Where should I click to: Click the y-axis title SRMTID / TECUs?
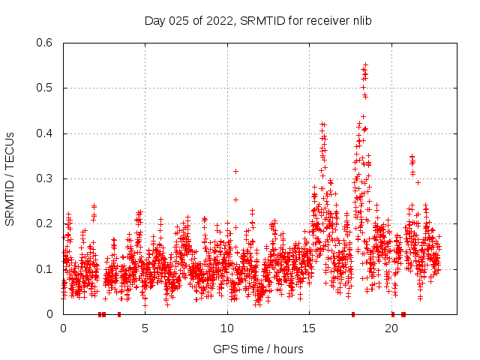click(10, 178)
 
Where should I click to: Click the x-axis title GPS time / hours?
click(258, 349)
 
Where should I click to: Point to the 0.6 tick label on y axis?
click(46, 43)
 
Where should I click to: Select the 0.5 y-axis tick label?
click(46, 88)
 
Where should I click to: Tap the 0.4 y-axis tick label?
click(46, 133)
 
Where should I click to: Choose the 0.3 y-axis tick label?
click(46, 178)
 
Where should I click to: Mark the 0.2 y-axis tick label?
click(46, 223)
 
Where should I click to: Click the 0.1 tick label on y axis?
click(46, 269)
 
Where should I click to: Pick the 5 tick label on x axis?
click(145, 328)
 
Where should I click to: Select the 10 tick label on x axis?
click(227, 328)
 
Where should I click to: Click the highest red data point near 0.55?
click(365, 65)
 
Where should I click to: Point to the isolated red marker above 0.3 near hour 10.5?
click(235, 171)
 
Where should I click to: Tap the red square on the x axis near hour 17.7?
click(353, 314)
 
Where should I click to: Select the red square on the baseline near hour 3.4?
click(119, 314)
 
